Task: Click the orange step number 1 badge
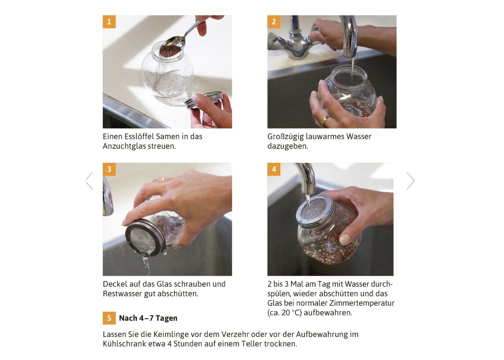109,22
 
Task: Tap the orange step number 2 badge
274,22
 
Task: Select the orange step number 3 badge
109,169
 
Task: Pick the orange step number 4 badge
274,169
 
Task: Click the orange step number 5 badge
109,318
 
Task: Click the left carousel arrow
89,181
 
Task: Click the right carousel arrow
411,181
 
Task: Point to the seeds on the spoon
170,51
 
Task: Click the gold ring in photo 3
163,179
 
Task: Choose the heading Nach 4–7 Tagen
148,318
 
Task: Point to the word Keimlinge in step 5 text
171,334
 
